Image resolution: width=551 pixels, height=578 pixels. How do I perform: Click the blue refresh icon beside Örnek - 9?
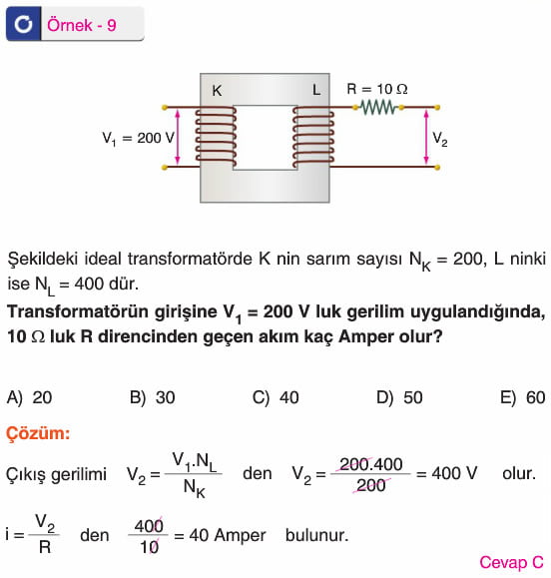[23, 24]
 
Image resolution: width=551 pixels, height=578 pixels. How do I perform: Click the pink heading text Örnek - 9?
[82, 25]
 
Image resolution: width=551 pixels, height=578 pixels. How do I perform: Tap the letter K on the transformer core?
[217, 91]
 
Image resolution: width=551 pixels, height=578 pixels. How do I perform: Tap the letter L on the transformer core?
[316, 90]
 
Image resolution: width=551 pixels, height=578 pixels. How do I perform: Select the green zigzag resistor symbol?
[378, 108]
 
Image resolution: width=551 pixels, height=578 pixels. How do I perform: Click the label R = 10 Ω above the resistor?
[377, 89]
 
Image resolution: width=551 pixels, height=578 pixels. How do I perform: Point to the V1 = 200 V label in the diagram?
[138, 139]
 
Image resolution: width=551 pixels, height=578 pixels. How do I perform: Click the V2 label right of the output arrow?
[439, 140]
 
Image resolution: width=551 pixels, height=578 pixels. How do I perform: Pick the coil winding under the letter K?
[216, 137]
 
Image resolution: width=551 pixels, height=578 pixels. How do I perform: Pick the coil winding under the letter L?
[313, 137]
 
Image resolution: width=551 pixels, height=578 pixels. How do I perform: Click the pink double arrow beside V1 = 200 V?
[178, 137]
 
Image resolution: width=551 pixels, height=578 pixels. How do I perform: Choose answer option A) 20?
[30, 397]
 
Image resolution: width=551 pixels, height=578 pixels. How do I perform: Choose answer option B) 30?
[152, 397]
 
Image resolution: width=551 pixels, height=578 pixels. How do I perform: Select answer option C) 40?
[275, 397]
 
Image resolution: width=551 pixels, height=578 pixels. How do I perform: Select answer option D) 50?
[399, 397]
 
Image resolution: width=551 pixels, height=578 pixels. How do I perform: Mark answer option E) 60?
[523, 397]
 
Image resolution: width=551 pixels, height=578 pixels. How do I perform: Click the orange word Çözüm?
[38, 433]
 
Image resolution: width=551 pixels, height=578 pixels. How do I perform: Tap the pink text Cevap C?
[511, 562]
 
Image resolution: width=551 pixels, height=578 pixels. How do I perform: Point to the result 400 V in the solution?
[454, 473]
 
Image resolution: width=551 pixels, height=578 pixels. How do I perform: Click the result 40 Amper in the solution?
[228, 535]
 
